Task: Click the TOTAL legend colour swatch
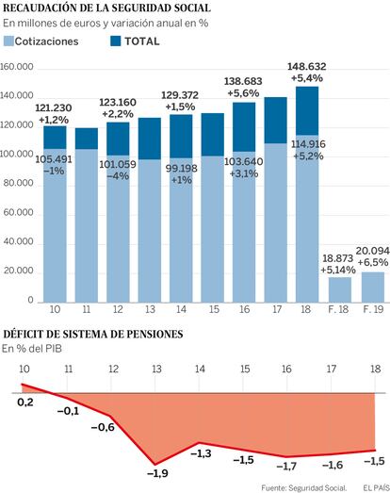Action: click(116, 41)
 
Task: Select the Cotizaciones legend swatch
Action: click(8, 41)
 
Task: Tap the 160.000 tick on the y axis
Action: click(17, 67)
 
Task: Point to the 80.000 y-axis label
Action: click(18, 183)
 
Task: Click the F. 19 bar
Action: click(373, 288)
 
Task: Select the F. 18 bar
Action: click(340, 290)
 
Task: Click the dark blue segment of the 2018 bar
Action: click(307, 111)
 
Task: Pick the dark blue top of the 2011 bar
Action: click(87, 139)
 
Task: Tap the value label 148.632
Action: click(307, 67)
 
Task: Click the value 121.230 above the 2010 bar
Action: click(54, 107)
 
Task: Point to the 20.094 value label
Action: click(373, 251)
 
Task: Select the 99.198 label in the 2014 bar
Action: click(181, 169)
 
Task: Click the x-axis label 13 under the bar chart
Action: click(150, 309)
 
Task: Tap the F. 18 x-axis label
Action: click(338, 309)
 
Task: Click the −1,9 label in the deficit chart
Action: click(157, 473)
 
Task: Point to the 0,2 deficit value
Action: click(25, 402)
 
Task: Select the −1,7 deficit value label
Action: click(286, 466)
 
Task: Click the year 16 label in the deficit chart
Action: click(286, 369)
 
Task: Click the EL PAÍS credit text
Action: click(376, 488)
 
